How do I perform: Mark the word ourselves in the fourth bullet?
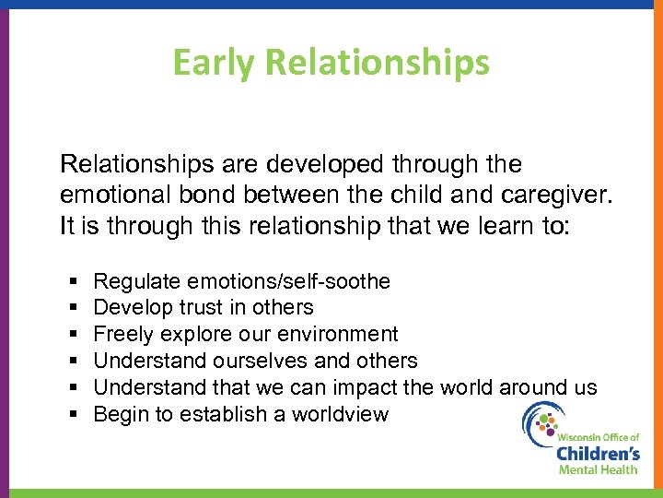click(268, 362)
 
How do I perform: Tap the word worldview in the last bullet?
click(340, 415)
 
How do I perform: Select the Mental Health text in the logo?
click(598, 470)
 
